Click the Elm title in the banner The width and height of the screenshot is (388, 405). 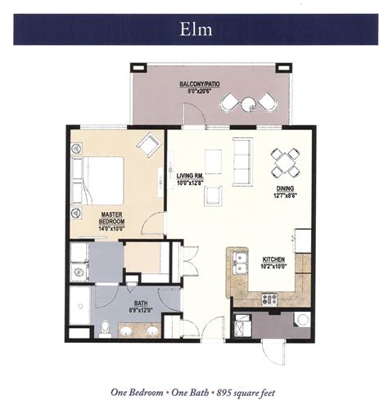(196, 29)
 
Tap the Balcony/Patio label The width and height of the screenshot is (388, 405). (200, 84)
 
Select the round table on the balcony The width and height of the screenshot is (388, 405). (249, 105)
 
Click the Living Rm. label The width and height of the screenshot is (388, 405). (189, 175)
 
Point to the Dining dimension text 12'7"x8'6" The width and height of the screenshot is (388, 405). (285, 196)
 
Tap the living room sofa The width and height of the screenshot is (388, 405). (242, 162)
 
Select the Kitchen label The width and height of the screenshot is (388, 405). (273, 259)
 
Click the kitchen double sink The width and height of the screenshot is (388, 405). (240, 263)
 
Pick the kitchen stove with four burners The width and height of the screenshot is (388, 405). (269, 299)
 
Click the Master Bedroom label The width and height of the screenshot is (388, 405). (111, 218)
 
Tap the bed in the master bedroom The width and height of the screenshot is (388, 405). (97, 181)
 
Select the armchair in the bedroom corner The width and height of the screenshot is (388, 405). (149, 145)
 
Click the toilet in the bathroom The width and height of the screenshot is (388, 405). (105, 328)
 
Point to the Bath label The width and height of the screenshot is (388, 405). (141, 304)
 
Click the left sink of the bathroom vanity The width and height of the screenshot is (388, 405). (126, 331)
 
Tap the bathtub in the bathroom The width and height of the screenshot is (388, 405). (79, 305)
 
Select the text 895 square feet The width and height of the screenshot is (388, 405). (246, 393)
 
